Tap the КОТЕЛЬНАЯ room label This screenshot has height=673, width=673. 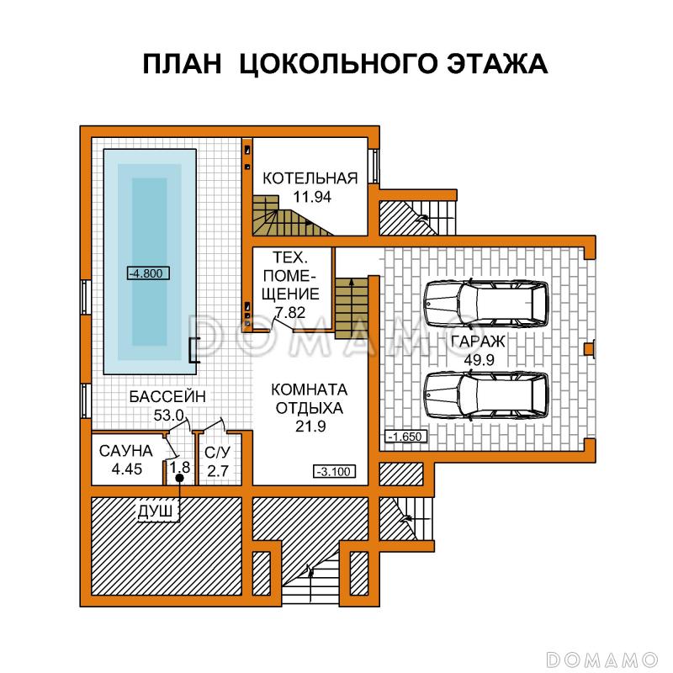310,178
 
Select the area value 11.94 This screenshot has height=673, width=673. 310,198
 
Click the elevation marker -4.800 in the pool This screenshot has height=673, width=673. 148,272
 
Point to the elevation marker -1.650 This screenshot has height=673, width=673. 408,437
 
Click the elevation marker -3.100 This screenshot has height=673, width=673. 334,471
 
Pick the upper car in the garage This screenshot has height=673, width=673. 485,303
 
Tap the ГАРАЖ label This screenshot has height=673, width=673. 477,342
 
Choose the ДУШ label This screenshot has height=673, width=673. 158,510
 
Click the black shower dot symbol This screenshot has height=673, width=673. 179,479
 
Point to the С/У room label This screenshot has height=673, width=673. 217,452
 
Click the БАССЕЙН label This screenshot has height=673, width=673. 167,396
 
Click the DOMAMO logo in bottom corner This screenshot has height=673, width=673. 601,656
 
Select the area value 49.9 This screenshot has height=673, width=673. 477,360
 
